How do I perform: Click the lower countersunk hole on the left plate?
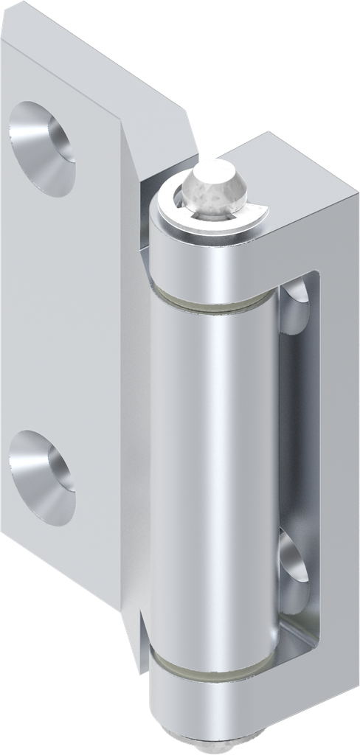[41, 476]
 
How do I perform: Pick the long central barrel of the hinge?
[214, 472]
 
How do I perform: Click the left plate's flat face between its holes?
[59, 310]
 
